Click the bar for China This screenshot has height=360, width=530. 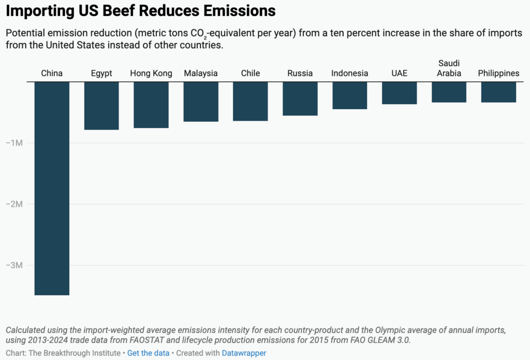pos(52,188)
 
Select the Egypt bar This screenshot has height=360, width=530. pos(101,106)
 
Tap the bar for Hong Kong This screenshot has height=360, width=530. pos(151,105)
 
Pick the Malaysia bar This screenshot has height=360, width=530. pos(201,102)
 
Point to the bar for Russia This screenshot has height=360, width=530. pos(300,98)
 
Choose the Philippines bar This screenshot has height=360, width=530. pos(498,92)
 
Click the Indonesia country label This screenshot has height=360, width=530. pos(350,73)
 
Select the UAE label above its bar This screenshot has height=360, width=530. pos(400,73)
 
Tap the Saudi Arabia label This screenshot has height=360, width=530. pos(449,68)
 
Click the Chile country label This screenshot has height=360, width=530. pos(251,73)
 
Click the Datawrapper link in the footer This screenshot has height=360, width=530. pos(244,353)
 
